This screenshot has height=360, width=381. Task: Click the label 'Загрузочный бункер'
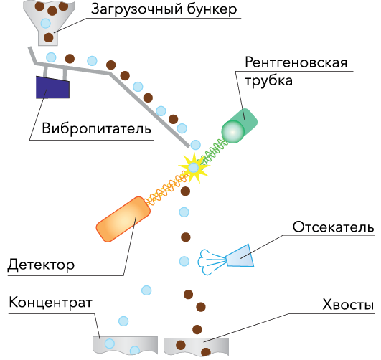click(x=164, y=9)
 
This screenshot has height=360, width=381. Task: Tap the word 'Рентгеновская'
click(x=296, y=62)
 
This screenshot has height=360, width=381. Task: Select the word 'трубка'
click(x=269, y=80)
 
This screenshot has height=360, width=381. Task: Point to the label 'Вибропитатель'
click(x=96, y=128)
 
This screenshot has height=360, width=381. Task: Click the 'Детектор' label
click(x=41, y=265)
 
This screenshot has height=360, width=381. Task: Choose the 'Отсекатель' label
click(x=333, y=227)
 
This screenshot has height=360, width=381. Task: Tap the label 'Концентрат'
click(x=50, y=303)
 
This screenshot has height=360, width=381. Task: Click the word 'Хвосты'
click(x=348, y=304)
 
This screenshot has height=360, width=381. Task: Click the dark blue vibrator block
click(x=52, y=87)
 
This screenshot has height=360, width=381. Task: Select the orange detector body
click(x=123, y=219)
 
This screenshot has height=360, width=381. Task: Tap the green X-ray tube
click(x=240, y=125)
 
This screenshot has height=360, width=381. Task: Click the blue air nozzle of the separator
click(x=240, y=256)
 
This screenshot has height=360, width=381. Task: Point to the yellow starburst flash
click(x=194, y=168)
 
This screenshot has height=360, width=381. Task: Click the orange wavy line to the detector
click(x=166, y=189)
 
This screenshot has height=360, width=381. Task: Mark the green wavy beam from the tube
click(x=214, y=151)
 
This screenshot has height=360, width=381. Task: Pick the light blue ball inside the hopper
click(x=45, y=24)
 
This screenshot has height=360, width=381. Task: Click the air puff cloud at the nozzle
click(x=204, y=262)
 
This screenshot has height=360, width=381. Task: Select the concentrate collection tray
click(x=125, y=345)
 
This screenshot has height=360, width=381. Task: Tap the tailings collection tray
click(x=196, y=346)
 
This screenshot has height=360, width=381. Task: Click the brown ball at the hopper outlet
click(x=49, y=38)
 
